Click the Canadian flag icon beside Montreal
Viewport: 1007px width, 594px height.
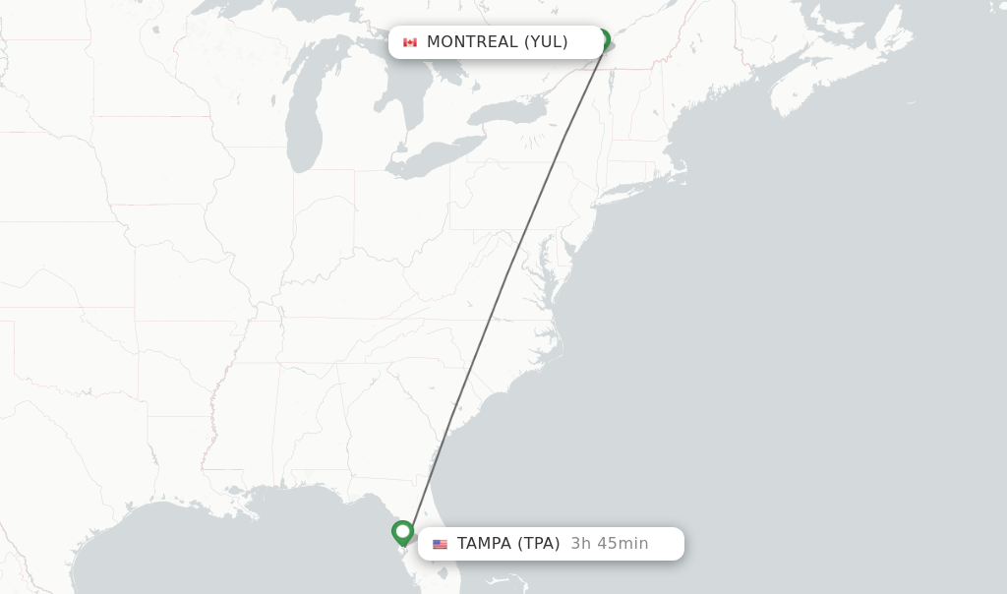[x=410, y=42]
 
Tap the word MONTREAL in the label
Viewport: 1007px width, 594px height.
[x=472, y=42]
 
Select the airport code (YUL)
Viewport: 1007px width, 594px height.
[x=546, y=42]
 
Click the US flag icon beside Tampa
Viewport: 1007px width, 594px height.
[x=440, y=544]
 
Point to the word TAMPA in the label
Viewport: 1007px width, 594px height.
[x=484, y=544]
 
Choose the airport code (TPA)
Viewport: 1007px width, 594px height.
[x=539, y=544]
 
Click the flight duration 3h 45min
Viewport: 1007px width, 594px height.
[x=610, y=544]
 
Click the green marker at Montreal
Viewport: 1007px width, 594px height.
[x=603, y=40]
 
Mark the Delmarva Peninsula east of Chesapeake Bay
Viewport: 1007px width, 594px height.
[x=554, y=285]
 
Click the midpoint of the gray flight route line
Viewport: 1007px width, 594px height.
[x=505, y=286]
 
